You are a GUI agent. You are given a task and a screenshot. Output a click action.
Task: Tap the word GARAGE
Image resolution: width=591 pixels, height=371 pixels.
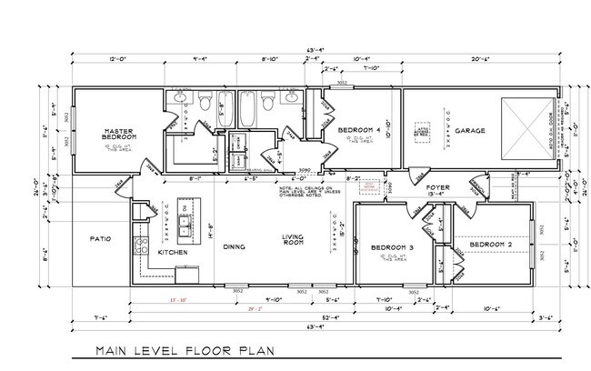pyautogui.click(x=470, y=131)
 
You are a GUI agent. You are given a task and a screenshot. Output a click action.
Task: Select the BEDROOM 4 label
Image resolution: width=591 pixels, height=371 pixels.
pyautogui.click(x=360, y=131)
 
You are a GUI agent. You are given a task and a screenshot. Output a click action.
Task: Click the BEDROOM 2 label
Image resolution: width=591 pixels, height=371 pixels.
pyautogui.click(x=491, y=245)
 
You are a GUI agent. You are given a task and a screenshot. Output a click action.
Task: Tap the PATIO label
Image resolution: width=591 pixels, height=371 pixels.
pyautogui.click(x=100, y=240)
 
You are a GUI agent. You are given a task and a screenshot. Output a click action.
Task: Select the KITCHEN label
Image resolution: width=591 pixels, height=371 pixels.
pyautogui.click(x=174, y=251)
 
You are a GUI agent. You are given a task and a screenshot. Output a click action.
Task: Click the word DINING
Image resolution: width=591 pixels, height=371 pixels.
pyautogui.click(x=235, y=246)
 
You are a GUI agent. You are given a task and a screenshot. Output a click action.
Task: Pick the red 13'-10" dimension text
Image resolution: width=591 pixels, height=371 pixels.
pyautogui.click(x=177, y=300)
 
